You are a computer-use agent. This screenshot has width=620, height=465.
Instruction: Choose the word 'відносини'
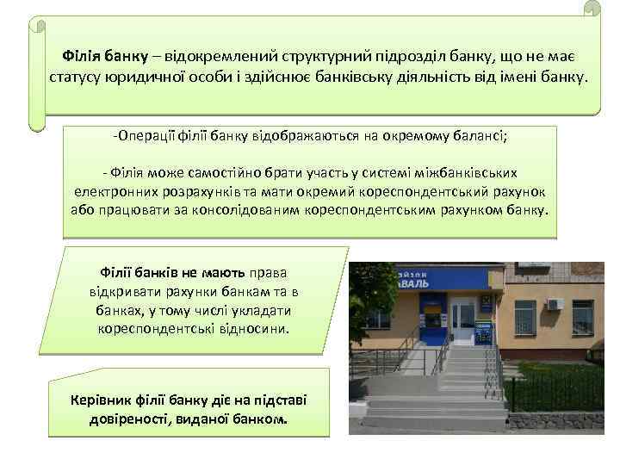(x=249, y=328)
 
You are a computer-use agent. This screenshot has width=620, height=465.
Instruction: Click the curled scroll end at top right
(x=591, y=10)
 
